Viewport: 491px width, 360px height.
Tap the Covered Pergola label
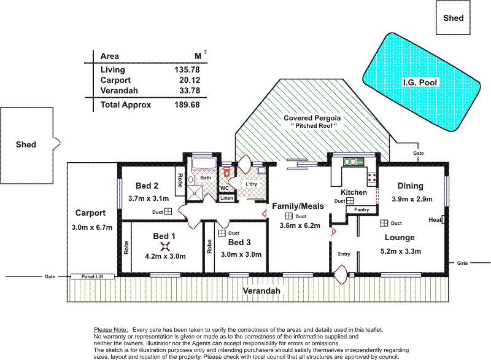pos(312,117)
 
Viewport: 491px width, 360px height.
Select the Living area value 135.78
pos(187,70)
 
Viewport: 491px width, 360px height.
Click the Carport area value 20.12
pos(187,80)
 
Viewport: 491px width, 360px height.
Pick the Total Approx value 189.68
pos(187,104)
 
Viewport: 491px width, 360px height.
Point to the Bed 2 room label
pos(147,186)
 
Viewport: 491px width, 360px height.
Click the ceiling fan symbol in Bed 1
pos(164,246)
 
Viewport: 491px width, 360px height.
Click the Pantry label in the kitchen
pos(361,209)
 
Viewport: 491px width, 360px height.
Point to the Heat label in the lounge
pos(435,219)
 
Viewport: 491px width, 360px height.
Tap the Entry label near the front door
pos(344,253)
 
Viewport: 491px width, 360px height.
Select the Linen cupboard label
pos(226,198)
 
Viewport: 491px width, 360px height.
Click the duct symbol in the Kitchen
pos(349,201)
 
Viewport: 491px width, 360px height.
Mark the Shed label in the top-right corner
pos(454,18)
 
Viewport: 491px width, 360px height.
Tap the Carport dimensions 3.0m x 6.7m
pos(91,227)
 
